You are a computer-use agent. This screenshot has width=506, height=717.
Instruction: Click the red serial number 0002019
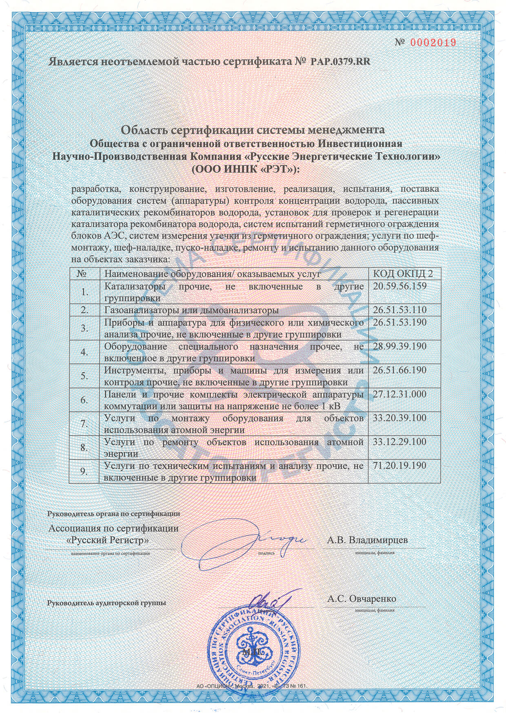pyautogui.click(x=432, y=42)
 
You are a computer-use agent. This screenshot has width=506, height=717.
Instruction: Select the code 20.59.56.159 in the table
pyautogui.click(x=399, y=286)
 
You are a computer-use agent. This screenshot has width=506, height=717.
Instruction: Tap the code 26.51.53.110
pyautogui.click(x=399, y=310)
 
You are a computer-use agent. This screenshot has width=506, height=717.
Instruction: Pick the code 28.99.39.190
pyautogui.click(x=399, y=346)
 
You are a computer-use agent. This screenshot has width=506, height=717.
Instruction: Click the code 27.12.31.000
pyautogui.click(x=399, y=394)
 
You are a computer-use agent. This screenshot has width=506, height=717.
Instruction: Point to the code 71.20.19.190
pyautogui.click(x=399, y=466)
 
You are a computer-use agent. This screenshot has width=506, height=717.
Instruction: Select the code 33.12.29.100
pyautogui.click(x=399, y=442)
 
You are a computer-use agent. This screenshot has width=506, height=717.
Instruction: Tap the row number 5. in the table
pyautogui.click(x=84, y=376)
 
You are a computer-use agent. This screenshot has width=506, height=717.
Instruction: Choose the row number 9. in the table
pyautogui.click(x=84, y=471)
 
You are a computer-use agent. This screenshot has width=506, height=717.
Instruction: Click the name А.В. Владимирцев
pyautogui.click(x=367, y=540)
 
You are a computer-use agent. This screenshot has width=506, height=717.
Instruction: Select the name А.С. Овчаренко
pyautogui.click(x=362, y=599)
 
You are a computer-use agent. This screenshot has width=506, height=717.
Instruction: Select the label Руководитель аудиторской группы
pyautogui.click(x=107, y=603)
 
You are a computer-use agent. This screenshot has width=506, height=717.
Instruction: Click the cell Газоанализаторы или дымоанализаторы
pyautogui.click(x=191, y=310)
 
